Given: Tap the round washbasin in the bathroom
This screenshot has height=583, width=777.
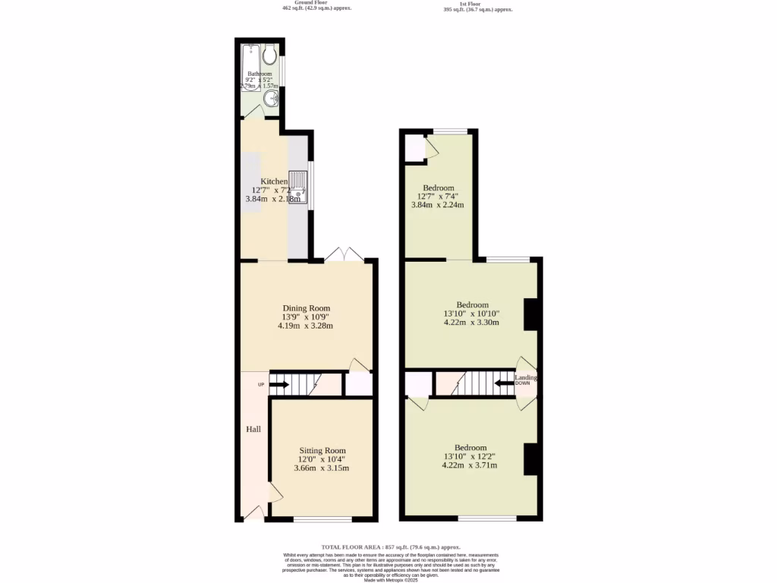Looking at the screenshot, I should click(271, 99).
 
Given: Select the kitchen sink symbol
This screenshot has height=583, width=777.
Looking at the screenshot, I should click(298, 188).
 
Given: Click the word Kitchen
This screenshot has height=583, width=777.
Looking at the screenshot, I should click(274, 181).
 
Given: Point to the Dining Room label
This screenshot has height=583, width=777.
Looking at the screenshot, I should click(305, 307).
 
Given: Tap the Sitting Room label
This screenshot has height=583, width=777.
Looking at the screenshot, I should click(321, 450).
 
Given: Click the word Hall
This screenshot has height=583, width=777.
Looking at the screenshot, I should click(253, 430).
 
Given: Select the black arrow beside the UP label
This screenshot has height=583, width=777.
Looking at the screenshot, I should click(279, 385).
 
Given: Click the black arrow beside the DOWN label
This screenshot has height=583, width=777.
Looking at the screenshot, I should click(504, 383).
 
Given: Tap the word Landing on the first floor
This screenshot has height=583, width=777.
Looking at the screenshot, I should click(526, 377).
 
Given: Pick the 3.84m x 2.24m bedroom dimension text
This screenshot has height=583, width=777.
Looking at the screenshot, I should click(438, 204).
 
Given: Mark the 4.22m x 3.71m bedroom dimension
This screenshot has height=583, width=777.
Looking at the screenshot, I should click(470, 465).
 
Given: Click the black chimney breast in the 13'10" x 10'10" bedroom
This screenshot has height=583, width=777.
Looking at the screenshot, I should click(531, 314).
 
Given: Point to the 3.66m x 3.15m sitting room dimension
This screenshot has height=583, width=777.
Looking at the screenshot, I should click(321, 468).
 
